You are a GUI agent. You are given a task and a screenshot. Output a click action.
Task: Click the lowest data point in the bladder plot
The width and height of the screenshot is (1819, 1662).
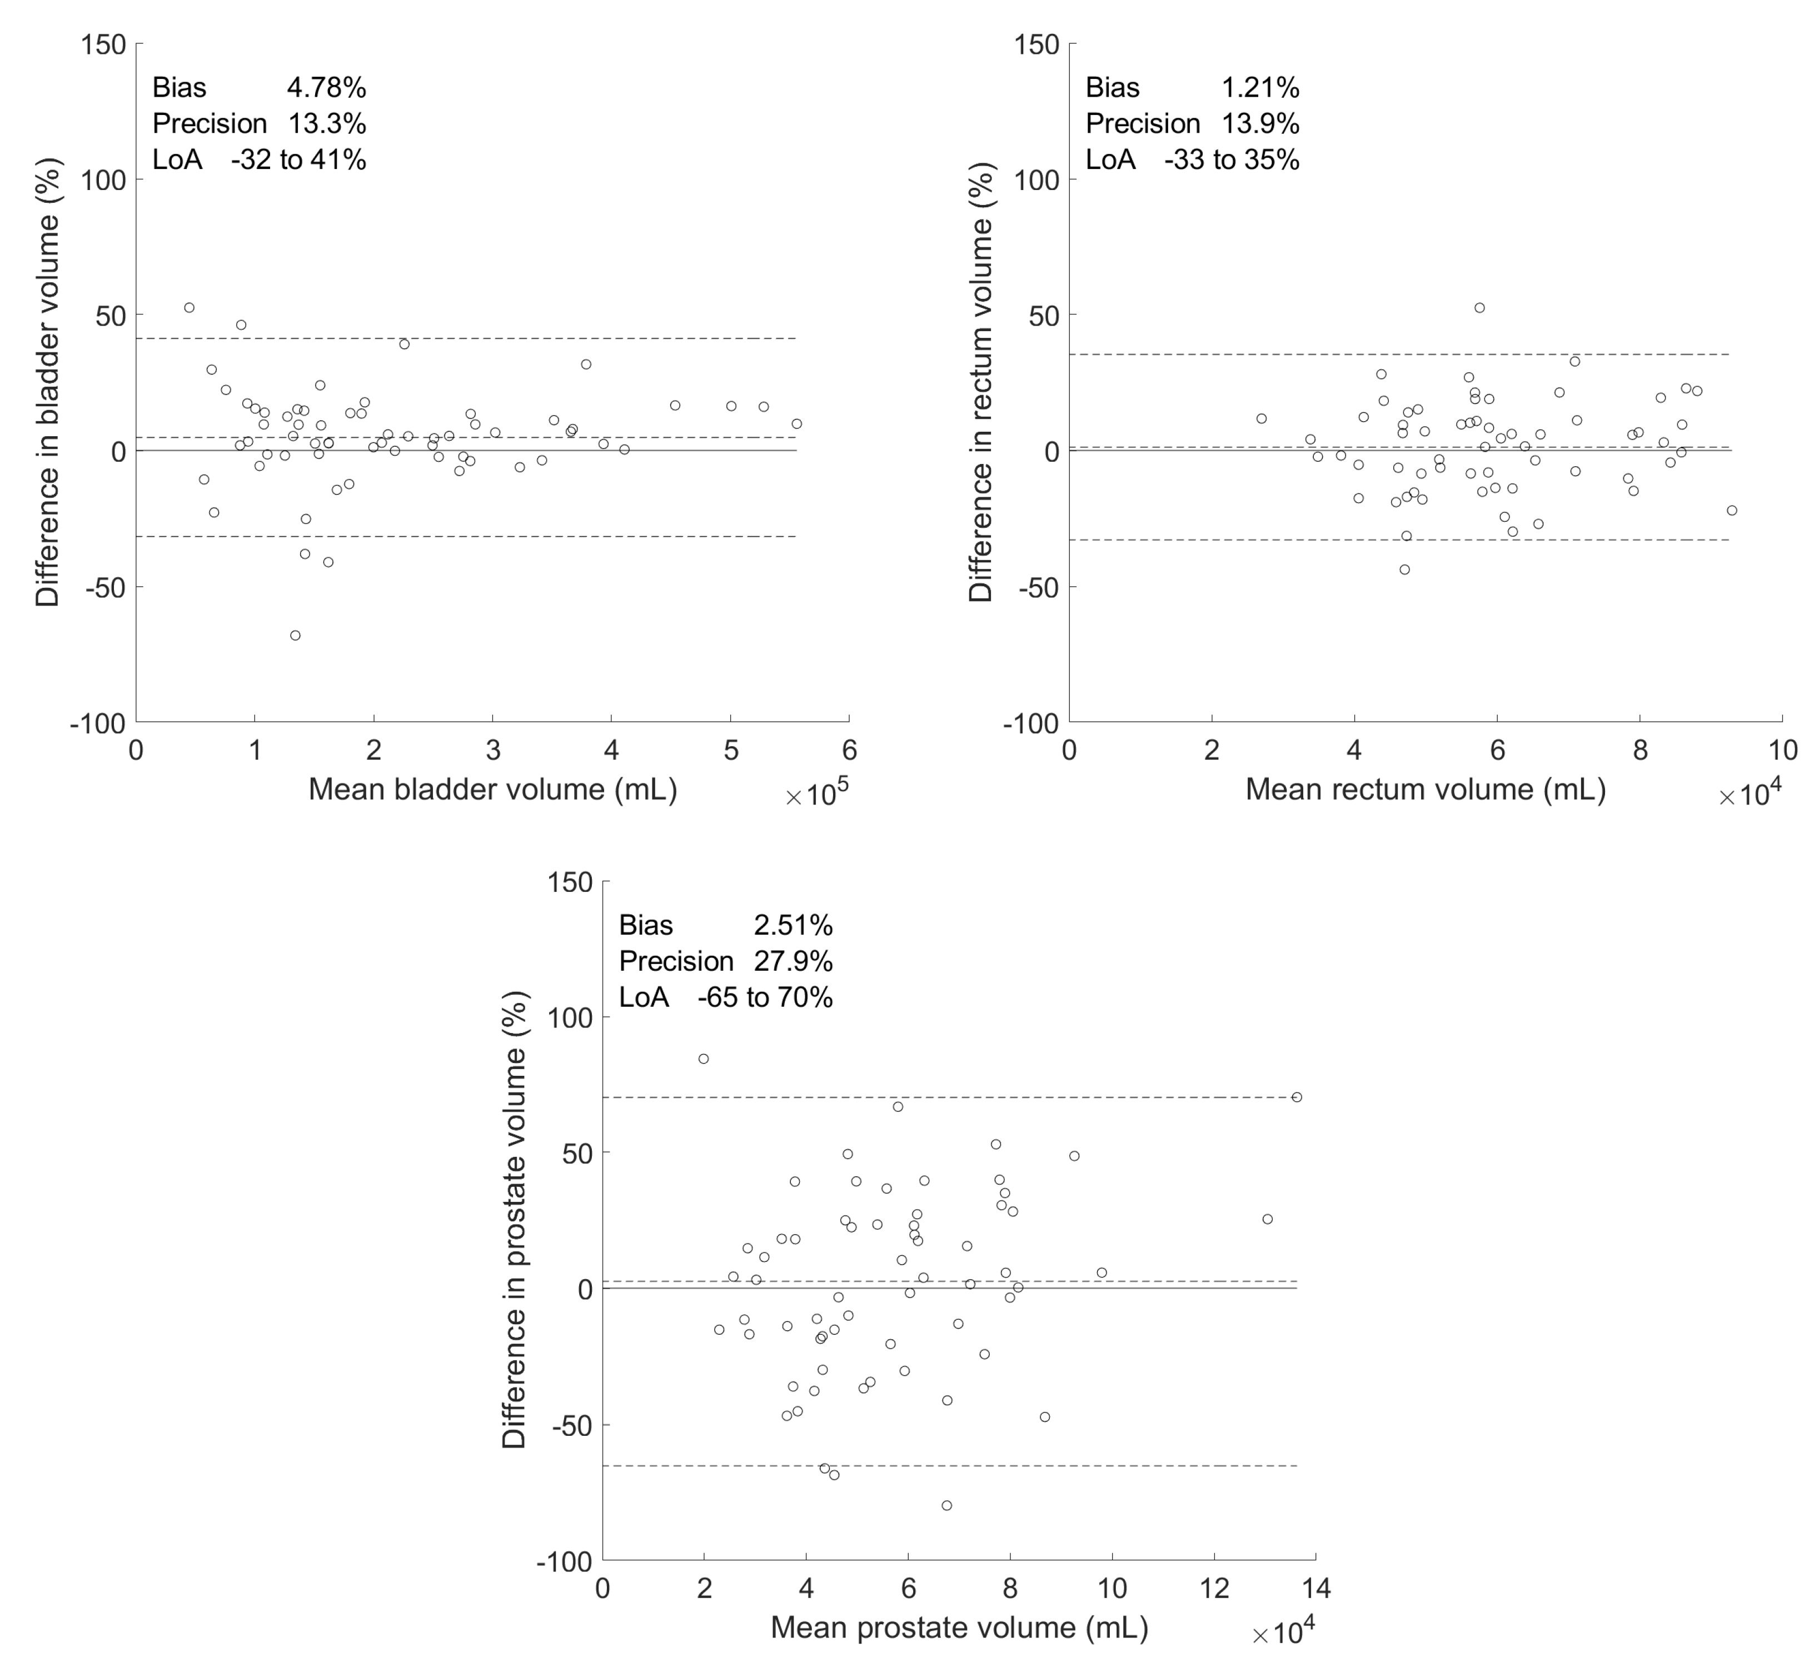[295, 635]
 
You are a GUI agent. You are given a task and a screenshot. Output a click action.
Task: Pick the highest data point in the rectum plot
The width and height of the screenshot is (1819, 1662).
[1480, 308]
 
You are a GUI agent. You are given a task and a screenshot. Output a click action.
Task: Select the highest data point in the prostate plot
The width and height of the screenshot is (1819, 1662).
[704, 1059]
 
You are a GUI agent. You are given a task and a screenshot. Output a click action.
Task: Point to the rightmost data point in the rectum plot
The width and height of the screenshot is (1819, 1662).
[1732, 511]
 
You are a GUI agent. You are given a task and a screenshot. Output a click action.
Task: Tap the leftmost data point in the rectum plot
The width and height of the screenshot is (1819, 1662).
[1262, 418]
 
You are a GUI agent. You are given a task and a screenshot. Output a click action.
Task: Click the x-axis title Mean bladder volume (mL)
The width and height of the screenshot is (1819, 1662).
[492, 790]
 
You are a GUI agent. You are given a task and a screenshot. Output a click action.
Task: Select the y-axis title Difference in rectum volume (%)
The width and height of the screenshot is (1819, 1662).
[981, 382]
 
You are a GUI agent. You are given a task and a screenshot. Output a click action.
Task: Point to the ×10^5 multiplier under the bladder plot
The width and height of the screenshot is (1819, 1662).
[818, 796]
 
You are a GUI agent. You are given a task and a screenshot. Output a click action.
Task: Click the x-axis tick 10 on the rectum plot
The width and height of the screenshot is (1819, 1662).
[1782, 751]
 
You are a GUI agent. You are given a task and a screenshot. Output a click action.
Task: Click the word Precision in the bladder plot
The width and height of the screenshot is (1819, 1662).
[210, 123]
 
